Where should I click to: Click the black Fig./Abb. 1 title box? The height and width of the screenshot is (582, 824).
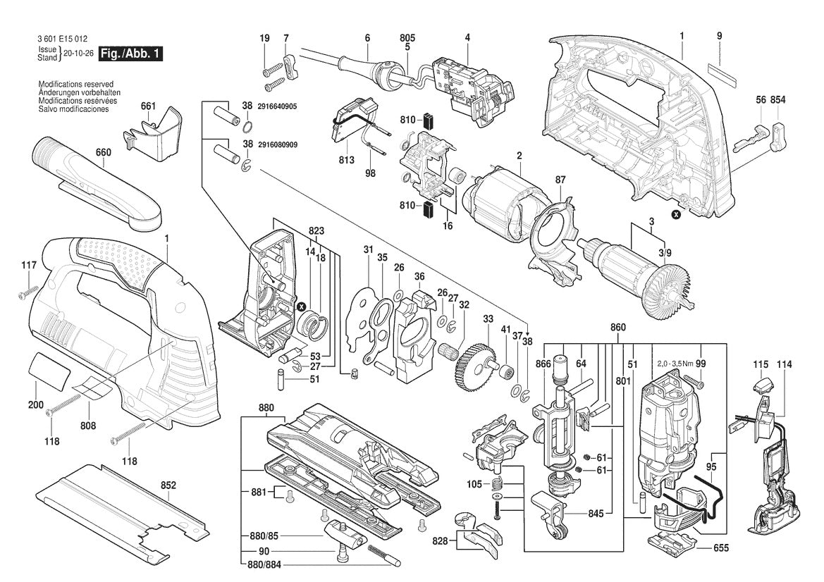131,54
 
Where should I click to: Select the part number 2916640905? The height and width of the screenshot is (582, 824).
277,106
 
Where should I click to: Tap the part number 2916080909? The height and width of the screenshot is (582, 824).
277,144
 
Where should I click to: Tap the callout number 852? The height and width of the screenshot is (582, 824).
168,485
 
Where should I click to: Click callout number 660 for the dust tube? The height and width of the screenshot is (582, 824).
104,151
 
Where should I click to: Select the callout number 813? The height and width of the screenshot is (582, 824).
346,160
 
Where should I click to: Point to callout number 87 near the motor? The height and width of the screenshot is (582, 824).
560,180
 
